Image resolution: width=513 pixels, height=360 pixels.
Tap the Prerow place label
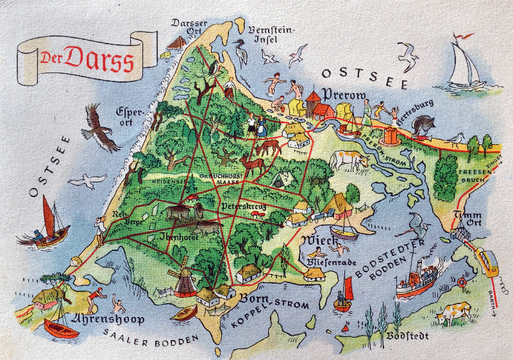(x=344, y=94)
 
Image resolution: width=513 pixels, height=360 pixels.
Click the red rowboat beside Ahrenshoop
(x=60, y=329)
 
